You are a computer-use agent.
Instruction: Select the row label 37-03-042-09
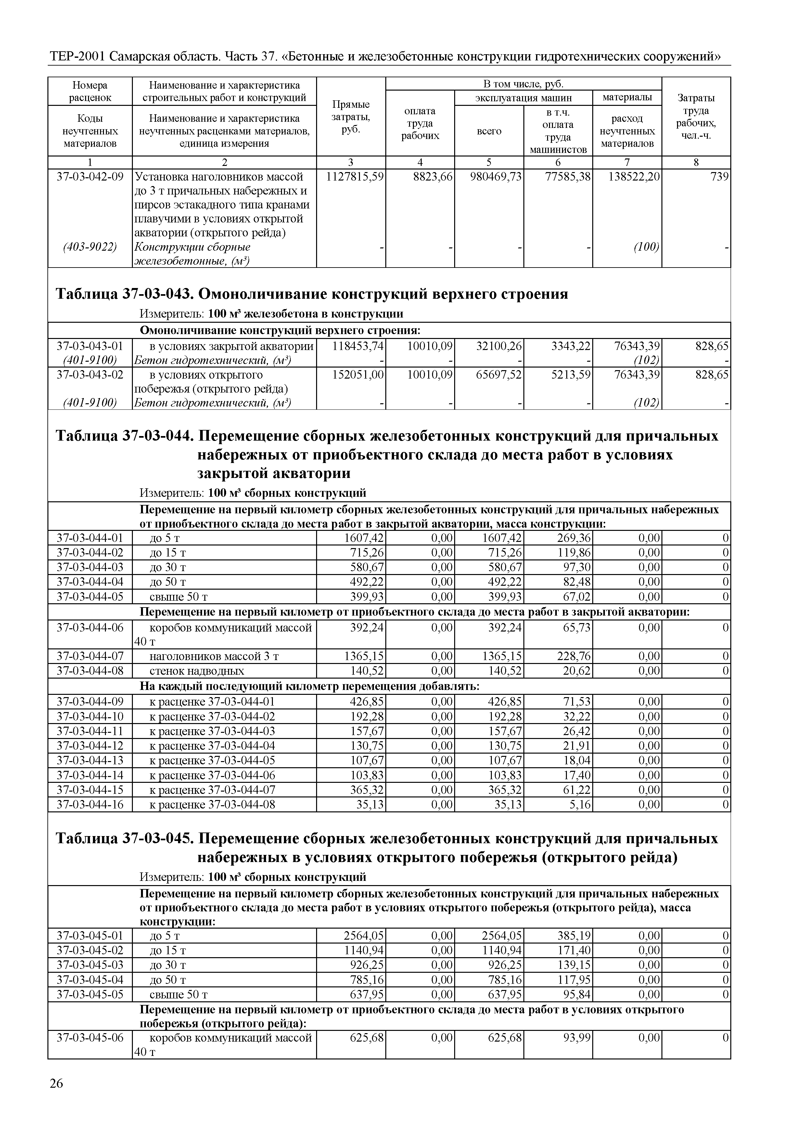(x=90, y=177)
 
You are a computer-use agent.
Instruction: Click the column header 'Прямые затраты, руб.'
(x=351, y=117)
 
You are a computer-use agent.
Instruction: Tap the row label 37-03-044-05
(x=90, y=596)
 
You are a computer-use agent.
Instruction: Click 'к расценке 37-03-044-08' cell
(x=212, y=804)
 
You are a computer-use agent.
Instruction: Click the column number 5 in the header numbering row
(x=489, y=162)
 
